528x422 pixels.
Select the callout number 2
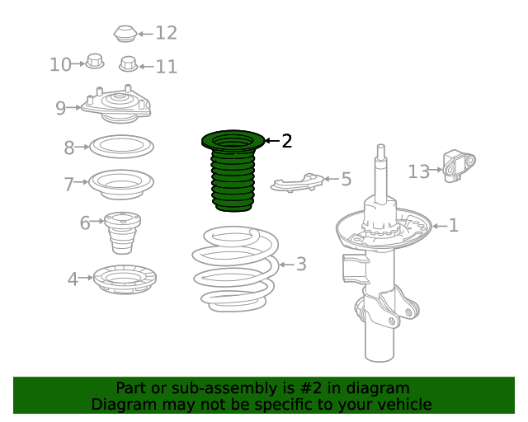pyautogui.click(x=286, y=141)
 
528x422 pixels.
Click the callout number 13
pyautogui.click(x=418, y=171)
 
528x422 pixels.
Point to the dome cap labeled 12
pyautogui.click(x=125, y=34)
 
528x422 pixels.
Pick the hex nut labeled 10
pyautogui.click(x=95, y=61)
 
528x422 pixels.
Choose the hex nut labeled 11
pyautogui.click(x=129, y=64)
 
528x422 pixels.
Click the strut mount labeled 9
pyautogui.click(x=115, y=105)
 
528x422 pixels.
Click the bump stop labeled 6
pyautogui.click(x=122, y=233)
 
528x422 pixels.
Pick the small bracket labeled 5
pyautogui.click(x=297, y=183)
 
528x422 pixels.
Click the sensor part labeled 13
pyautogui.click(x=459, y=166)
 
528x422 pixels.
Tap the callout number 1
pyautogui.click(x=454, y=225)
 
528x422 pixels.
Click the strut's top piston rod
pyautogui.click(x=381, y=174)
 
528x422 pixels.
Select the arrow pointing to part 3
pyautogui.click(x=286, y=265)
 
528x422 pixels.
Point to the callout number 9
pyautogui.click(x=60, y=108)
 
